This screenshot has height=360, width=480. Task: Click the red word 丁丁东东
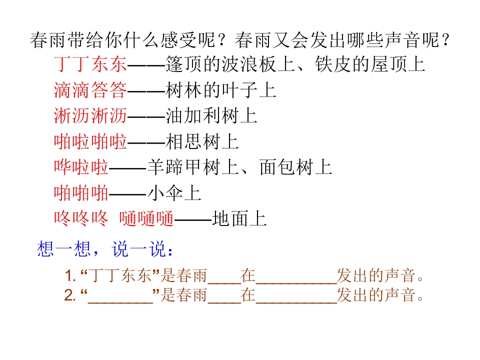(90, 64)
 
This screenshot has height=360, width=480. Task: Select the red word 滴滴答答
(90, 90)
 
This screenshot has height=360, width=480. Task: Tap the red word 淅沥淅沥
(90, 116)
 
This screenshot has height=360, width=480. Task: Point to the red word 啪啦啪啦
(90, 141)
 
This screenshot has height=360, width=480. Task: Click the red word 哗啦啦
(81, 167)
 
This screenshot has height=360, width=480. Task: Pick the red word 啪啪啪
(81, 193)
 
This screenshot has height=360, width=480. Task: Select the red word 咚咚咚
(81, 219)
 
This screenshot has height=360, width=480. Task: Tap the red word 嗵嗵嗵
(146, 219)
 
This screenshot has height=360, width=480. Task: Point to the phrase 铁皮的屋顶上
(370, 64)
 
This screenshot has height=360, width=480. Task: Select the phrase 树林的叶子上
(220, 90)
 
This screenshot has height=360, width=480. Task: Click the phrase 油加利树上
(211, 116)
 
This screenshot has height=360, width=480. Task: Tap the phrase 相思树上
(202, 141)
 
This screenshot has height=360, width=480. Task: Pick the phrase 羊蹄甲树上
(193, 167)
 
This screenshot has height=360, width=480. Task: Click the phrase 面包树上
(295, 167)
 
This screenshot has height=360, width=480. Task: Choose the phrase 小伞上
(174, 193)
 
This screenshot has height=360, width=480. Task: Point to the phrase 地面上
(239, 219)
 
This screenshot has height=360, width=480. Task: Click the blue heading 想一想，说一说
(104, 249)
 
